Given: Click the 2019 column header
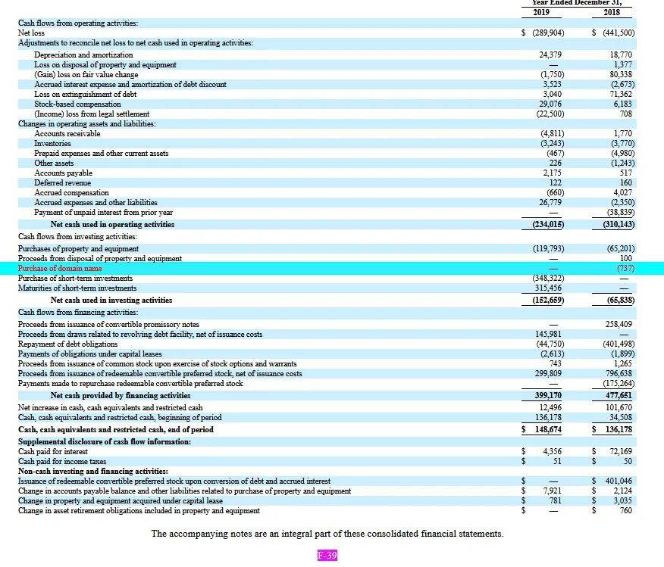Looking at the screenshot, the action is pos(541,12).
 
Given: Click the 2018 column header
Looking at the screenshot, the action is pos(612,12).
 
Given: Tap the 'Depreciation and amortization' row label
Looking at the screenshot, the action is pos(83,55).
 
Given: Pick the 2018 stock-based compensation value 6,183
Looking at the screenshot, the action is pos(622,104).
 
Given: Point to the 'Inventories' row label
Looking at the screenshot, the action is pos(52,143).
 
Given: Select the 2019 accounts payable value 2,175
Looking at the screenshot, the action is pos(553,173).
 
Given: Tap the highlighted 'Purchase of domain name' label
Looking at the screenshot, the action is pos(60,269).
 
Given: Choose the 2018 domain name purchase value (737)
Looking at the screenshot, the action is pos(626,269).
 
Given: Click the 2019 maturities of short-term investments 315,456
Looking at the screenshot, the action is pos(548,288).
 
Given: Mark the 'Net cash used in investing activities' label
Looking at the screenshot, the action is pos(111,301).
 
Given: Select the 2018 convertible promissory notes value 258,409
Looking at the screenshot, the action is pos(619,324).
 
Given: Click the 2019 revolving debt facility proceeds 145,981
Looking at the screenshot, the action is pos(548,334).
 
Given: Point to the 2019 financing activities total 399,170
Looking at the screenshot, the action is pos(548,395).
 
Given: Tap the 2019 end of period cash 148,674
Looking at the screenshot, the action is pos(548,429).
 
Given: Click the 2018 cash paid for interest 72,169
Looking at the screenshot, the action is pos(621,452).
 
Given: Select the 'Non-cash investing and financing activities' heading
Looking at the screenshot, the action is pos(92,471).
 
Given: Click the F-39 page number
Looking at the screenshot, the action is pos(327,555).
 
